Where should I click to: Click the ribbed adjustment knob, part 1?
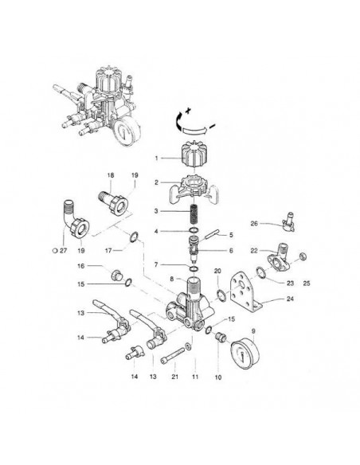tap(193, 154)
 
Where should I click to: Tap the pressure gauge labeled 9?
tap(245, 354)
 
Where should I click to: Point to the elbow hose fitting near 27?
tap(76, 219)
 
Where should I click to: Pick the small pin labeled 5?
tap(212, 233)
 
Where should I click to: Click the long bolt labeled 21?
tap(173, 356)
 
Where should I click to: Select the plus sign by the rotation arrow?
tap(187, 111)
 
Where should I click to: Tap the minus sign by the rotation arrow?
tap(212, 127)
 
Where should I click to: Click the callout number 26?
tap(254, 223)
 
